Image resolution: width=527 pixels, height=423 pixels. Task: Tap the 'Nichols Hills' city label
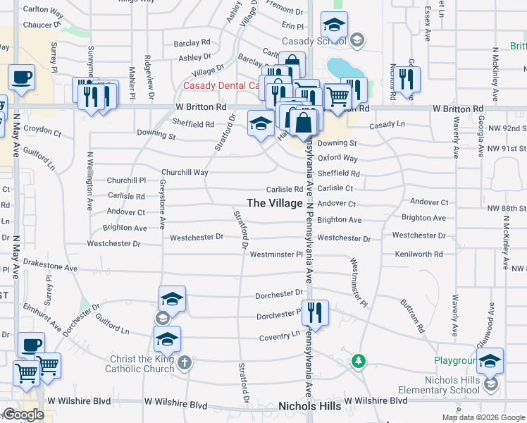pos(310,406)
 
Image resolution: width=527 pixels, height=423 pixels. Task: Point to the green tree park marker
pos(359,361)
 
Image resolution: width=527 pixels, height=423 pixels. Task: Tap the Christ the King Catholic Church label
pos(139,364)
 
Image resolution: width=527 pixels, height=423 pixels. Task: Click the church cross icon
pos(184,363)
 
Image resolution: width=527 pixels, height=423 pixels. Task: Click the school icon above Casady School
pos(334,27)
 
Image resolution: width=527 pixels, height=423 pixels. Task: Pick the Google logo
pos(23,415)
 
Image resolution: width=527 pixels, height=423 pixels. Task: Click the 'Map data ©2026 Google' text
pos(483,417)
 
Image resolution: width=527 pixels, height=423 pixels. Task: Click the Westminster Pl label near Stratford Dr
pos(275,254)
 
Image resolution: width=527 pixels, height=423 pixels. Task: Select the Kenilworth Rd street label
pos(418,254)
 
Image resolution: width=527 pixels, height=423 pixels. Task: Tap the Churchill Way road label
pos(185,172)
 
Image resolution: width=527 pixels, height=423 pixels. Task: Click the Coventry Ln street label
pos(279,336)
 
